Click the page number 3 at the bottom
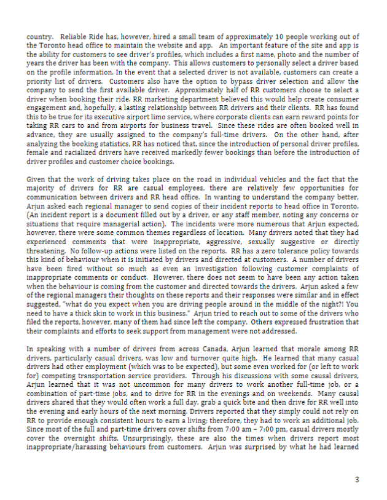[x=357, y=480]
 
